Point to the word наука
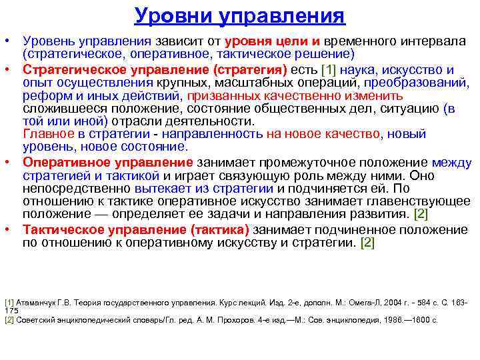click(x=365, y=70)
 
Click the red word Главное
click(x=48, y=134)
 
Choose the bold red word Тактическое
click(x=61, y=230)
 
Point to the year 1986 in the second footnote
click(x=395, y=319)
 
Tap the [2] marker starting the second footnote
click(x=9, y=319)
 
